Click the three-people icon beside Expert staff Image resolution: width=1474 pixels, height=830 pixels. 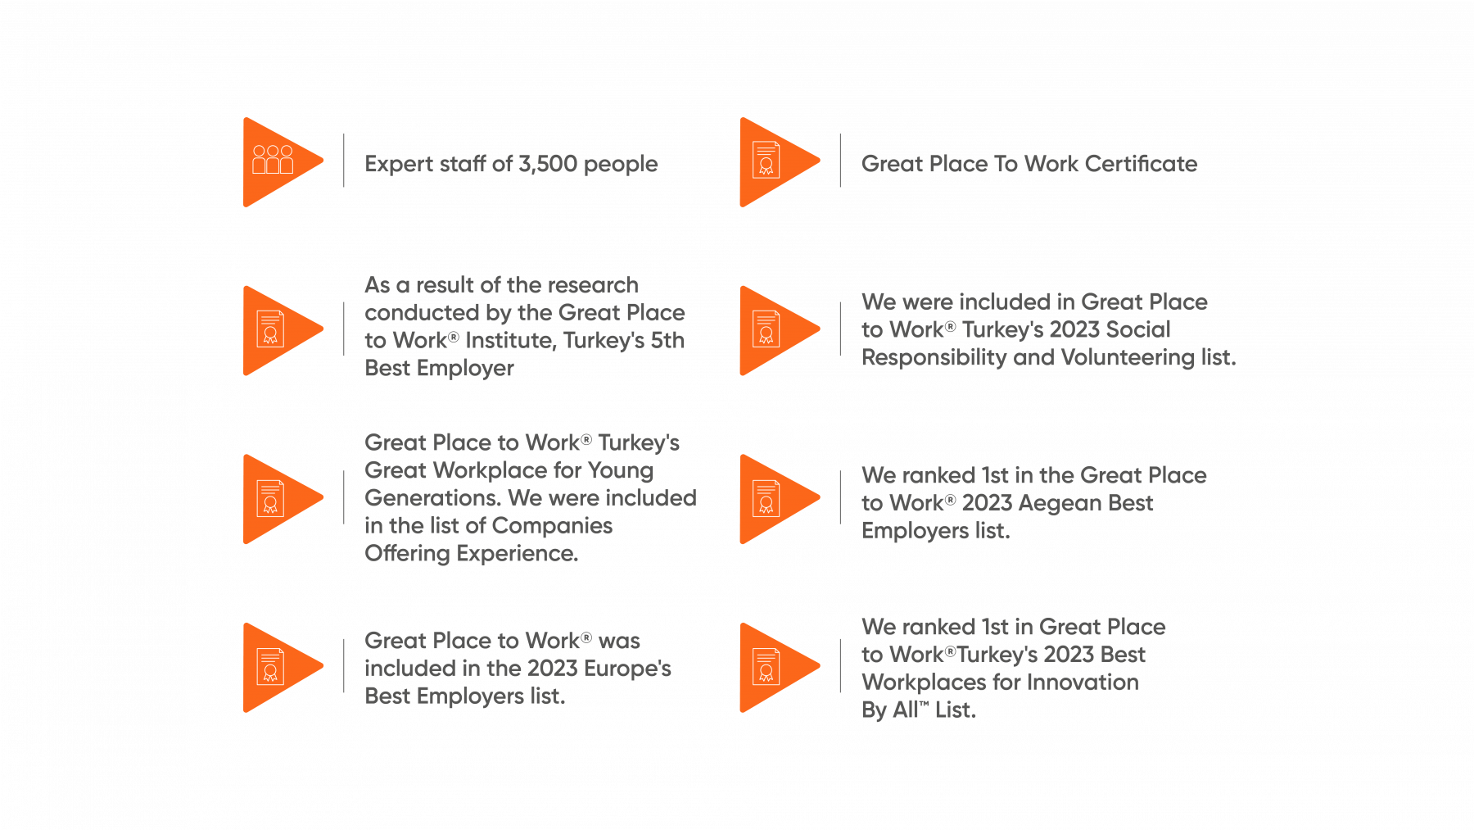(x=273, y=159)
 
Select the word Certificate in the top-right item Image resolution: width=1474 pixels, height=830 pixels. (x=1141, y=164)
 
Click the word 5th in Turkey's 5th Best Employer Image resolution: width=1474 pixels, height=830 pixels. (x=667, y=340)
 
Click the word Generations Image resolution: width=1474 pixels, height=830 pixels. (x=433, y=498)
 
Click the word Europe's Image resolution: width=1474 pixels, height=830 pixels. (x=628, y=669)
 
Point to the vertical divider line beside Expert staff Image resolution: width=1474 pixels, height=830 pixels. (x=344, y=160)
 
